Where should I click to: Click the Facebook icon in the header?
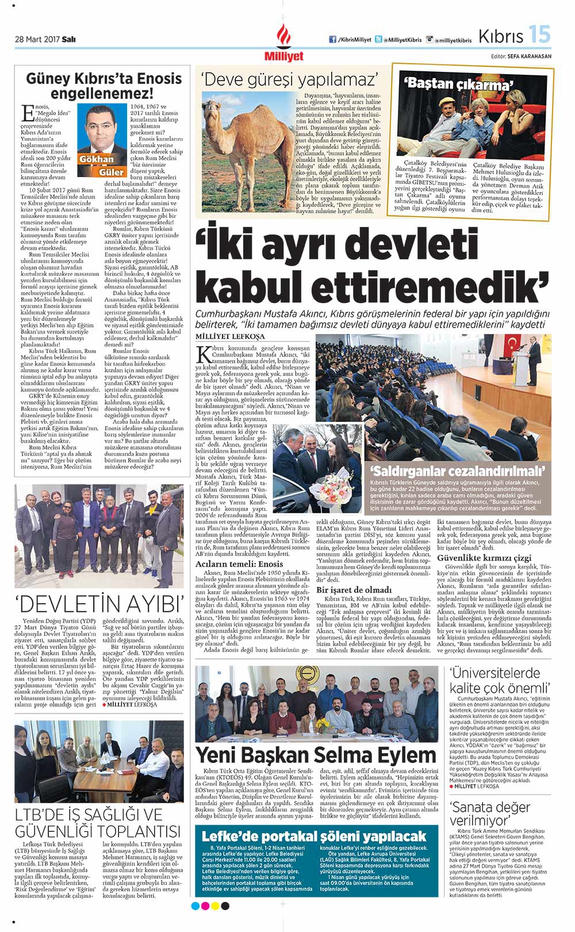tap(332, 40)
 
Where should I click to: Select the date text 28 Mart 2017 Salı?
tap(45, 40)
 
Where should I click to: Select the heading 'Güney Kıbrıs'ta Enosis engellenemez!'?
tap(103, 85)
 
